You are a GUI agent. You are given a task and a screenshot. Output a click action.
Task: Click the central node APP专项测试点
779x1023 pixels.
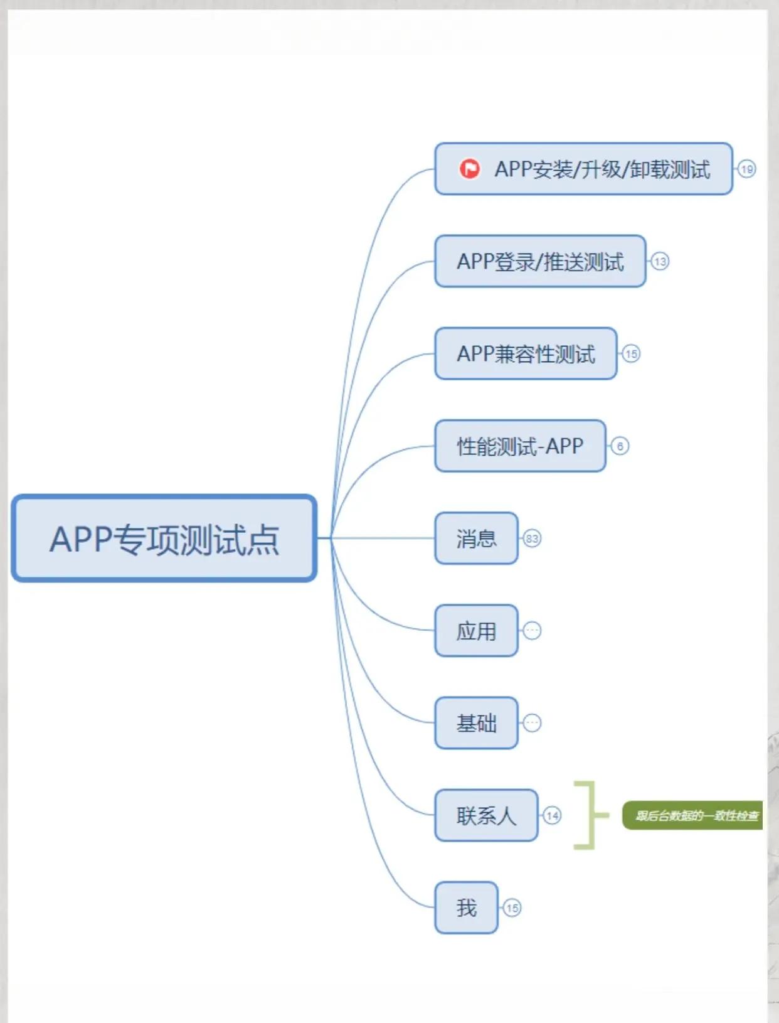pos(164,538)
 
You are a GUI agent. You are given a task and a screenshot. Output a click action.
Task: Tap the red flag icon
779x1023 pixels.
pos(469,169)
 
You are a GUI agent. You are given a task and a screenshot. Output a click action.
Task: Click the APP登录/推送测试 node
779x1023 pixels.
pos(540,262)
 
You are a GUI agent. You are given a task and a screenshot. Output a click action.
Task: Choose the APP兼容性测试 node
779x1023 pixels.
pos(526,354)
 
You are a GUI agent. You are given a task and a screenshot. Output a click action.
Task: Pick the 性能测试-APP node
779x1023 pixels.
pos(520,446)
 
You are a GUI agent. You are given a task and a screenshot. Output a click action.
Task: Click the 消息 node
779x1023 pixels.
pos(476,538)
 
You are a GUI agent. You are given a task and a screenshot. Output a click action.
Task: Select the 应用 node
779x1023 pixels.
pos(476,631)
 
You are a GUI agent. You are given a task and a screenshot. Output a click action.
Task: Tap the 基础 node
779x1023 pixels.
pos(476,723)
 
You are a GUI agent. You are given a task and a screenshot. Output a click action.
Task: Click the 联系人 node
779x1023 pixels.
pos(486,815)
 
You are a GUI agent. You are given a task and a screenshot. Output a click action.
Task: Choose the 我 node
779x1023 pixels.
pos(466,908)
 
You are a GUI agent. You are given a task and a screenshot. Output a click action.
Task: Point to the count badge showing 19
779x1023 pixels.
pos(746,169)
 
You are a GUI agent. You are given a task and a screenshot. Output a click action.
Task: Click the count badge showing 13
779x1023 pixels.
pos(660,261)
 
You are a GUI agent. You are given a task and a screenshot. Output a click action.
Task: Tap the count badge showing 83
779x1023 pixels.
pos(532,538)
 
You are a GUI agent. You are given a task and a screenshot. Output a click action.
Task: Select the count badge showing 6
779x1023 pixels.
pos(620,446)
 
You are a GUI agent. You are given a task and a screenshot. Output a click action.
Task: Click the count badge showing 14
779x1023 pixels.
pos(552,815)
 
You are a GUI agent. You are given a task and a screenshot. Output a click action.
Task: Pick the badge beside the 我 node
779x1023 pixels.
pos(512,908)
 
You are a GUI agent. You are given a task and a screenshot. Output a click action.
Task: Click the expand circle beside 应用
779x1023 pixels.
pos(532,631)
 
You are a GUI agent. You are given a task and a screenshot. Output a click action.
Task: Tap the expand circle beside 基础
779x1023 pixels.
pos(532,723)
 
